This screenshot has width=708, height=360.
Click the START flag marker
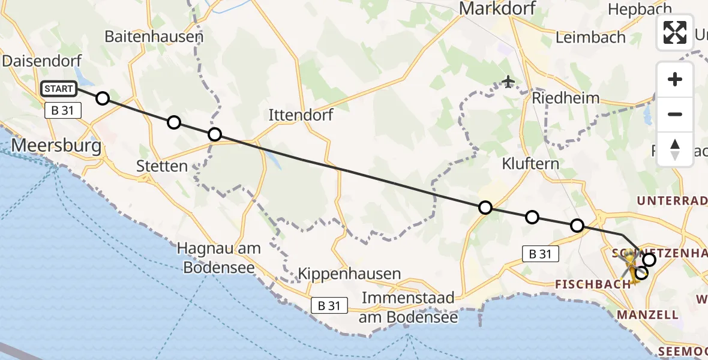pos(59,89)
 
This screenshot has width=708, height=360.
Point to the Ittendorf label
pos(301,114)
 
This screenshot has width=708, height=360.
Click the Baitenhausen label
pos(154,36)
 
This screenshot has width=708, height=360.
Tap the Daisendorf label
pos(38,61)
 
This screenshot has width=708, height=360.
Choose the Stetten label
pos(162,166)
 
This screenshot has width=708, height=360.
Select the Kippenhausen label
pos(350,274)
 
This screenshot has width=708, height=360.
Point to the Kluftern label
pos(531,163)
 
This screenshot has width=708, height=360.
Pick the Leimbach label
pos(590,37)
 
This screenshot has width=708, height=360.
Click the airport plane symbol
pos(509,81)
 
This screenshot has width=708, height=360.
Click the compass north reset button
pos(675,149)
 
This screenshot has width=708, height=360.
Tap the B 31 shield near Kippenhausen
pos(329,306)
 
